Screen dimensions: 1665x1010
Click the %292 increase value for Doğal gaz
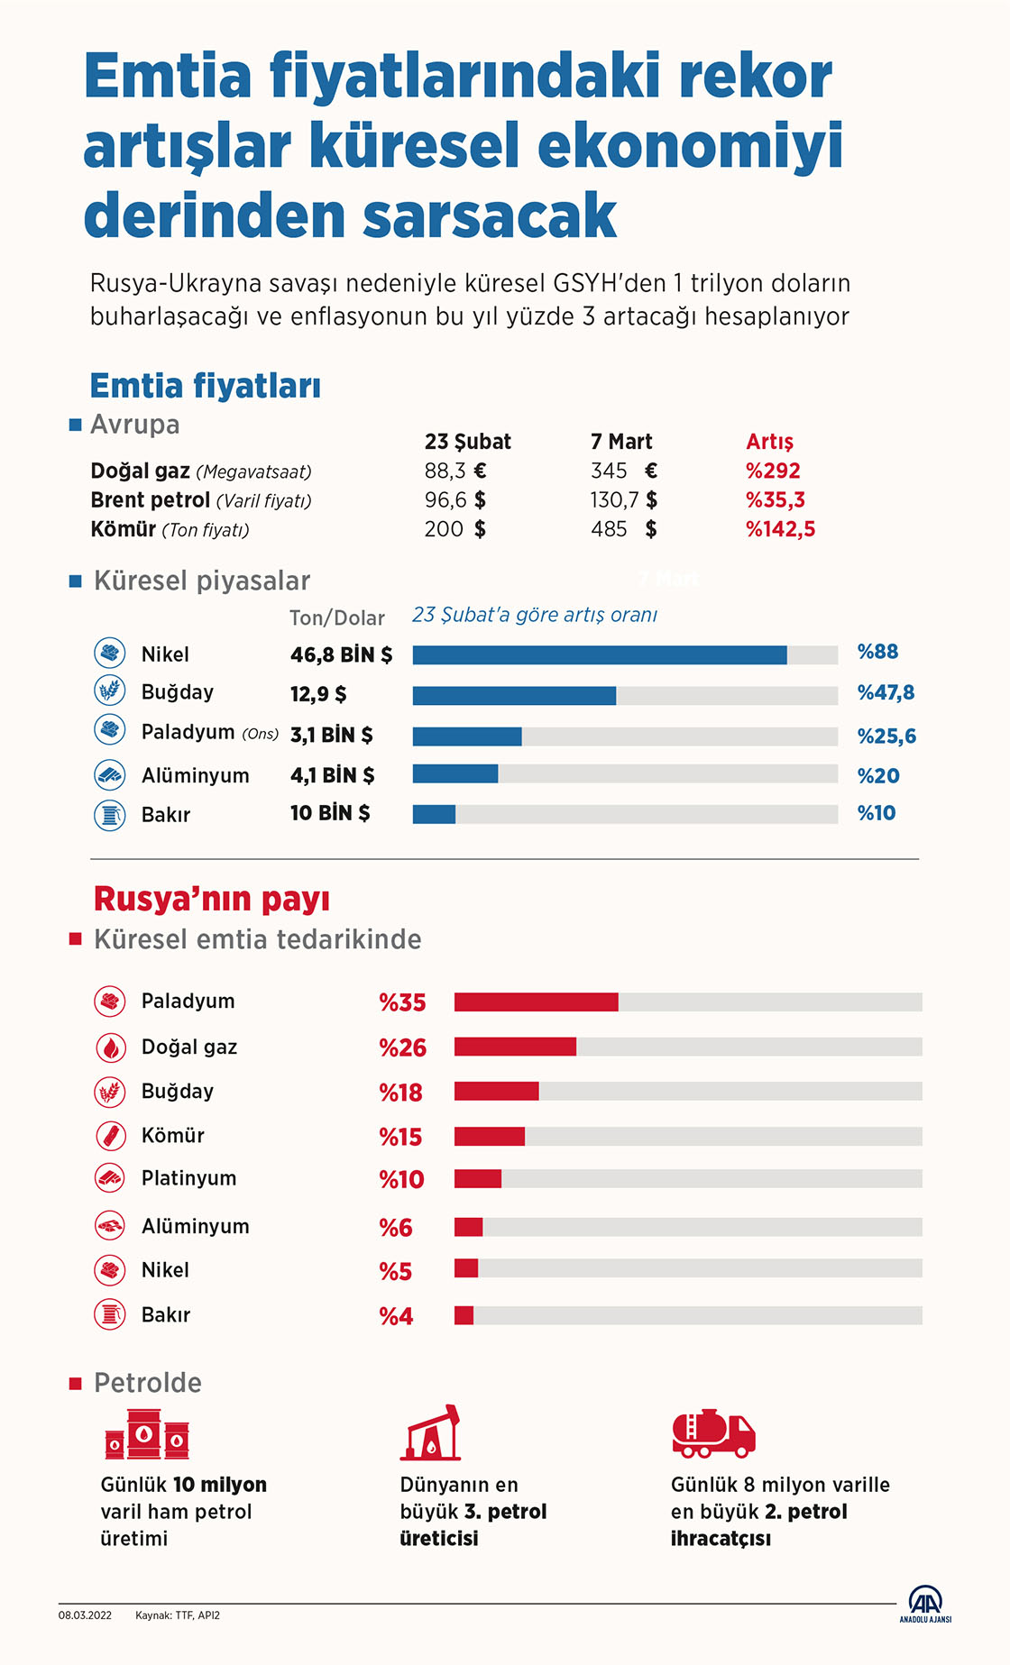coord(773,471)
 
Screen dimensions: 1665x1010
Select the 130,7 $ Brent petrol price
coord(623,499)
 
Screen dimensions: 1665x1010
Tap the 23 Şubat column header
coord(467,442)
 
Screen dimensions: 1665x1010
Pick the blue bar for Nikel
coord(599,655)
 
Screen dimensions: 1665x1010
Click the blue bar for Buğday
coord(514,695)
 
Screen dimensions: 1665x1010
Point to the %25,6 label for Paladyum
coord(886,736)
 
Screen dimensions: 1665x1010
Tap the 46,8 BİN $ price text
coord(341,655)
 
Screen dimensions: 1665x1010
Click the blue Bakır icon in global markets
coord(110,815)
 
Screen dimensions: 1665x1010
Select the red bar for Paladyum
coord(536,1002)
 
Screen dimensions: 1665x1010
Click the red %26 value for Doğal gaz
coord(402,1047)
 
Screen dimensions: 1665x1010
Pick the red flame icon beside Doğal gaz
coord(110,1047)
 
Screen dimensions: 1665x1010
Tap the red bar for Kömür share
coord(489,1136)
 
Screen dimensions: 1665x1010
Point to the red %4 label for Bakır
coord(396,1316)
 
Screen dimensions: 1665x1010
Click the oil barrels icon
coord(147,1435)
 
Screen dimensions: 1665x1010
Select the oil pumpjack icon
coord(431,1433)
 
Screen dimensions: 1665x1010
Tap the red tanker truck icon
coord(713,1433)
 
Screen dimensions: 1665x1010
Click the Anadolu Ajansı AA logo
coord(925,1603)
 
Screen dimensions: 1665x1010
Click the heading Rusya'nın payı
coord(211,899)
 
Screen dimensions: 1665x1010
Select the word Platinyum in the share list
coord(188,1178)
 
